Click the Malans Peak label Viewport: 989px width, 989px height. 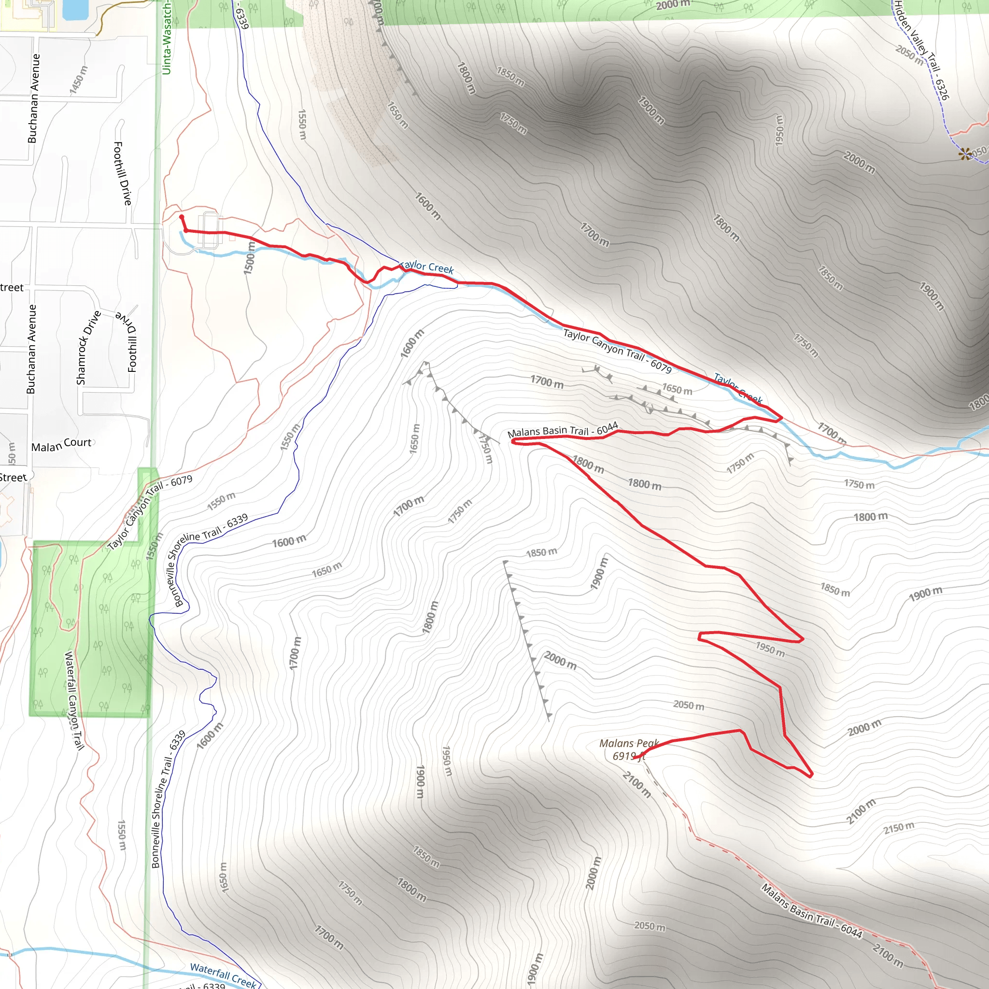[x=629, y=749]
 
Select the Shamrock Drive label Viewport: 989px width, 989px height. [x=88, y=348]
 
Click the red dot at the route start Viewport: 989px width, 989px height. [x=182, y=217]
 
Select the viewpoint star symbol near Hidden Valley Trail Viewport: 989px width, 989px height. [x=965, y=153]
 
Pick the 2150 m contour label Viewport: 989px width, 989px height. [x=898, y=828]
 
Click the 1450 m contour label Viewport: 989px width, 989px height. [x=79, y=80]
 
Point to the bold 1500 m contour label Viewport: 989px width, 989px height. [x=249, y=258]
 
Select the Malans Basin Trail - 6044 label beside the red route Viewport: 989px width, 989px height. [x=563, y=430]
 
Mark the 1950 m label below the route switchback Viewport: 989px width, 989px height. [x=770, y=649]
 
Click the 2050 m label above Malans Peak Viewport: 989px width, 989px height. [x=689, y=706]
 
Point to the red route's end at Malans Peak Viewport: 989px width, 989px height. [x=634, y=759]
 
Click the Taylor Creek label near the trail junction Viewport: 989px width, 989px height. [x=427, y=267]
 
